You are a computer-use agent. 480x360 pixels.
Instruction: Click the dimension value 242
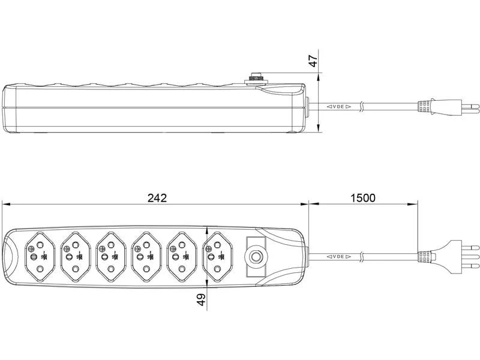pyautogui.click(x=157, y=198)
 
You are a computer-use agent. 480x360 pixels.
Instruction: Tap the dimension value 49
pyautogui.click(x=201, y=298)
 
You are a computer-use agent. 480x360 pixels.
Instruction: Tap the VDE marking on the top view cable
pyautogui.click(x=338, y=257)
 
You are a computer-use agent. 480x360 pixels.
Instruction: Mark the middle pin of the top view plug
pyautogui.click(x=474, y=257)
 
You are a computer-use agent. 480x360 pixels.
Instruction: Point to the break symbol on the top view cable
pyautogui.click(x=361, y=257)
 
